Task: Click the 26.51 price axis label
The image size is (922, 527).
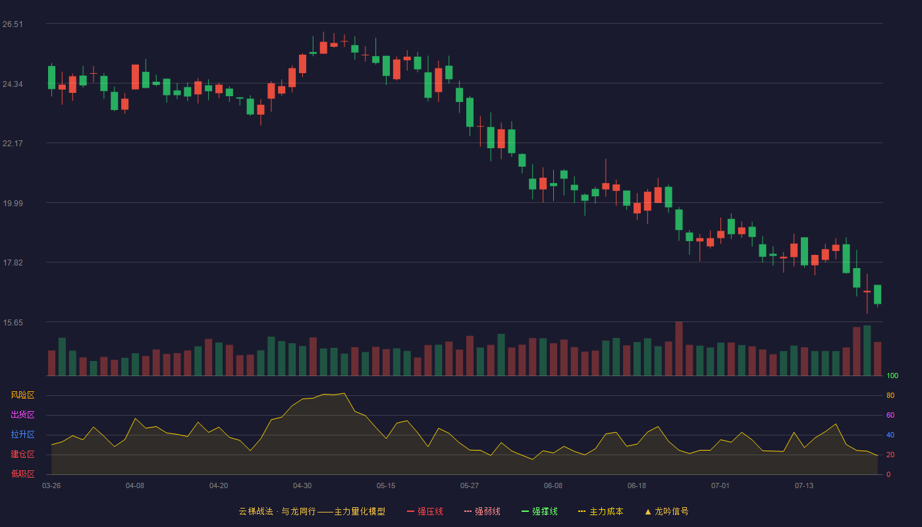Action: [13, 24]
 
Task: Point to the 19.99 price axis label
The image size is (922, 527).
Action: [13, 204]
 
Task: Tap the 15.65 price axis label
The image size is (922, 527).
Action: [13, 323]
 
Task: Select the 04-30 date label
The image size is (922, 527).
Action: [302, 486]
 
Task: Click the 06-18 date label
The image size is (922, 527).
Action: [637, 486]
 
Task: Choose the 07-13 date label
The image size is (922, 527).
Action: [804, 486]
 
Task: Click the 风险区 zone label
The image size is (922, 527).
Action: [22, 395]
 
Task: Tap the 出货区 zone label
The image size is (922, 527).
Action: [22, 414]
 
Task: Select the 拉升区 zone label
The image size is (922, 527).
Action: [22, 434]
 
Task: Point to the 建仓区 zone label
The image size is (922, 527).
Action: [22, 454]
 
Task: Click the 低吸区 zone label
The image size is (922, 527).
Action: [22, 474]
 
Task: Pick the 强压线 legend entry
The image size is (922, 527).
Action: [425, 511]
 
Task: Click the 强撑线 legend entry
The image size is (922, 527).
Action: [539, 511]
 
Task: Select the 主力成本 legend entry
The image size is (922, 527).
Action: [601, 511]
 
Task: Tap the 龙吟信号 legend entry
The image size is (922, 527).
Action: [666, 511]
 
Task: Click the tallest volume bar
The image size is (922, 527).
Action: [679, 348]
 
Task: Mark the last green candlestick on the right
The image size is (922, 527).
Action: [877, 294]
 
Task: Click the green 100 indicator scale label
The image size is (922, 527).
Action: [892, 375]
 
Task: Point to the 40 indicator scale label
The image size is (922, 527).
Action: [890, 435]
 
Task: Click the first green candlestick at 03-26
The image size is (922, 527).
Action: [51, 78]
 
